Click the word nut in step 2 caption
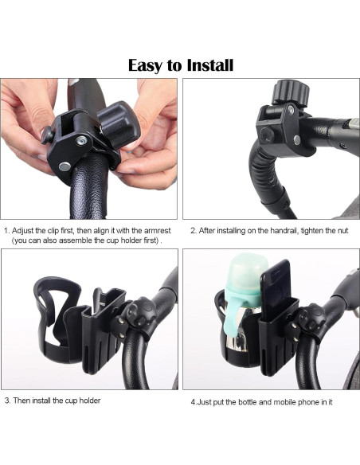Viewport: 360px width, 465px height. tap(342, 231)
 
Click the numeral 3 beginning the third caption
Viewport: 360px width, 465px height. tap(7, 401)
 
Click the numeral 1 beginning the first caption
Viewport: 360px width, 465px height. tap(6, 231)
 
